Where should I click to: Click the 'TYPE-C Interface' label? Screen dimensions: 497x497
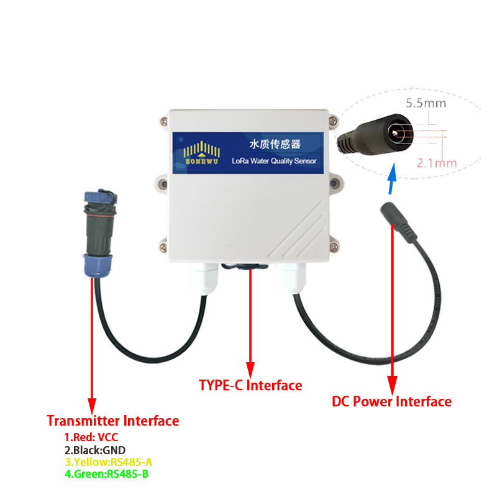250,385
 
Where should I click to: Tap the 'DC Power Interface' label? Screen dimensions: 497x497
391,401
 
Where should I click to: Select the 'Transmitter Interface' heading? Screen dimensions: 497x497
112,421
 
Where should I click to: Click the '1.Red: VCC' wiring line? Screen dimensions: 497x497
91,437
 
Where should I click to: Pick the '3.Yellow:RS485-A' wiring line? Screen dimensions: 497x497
109,462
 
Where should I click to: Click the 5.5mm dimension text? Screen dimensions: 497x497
426,104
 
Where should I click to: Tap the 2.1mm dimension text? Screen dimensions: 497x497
436,163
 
